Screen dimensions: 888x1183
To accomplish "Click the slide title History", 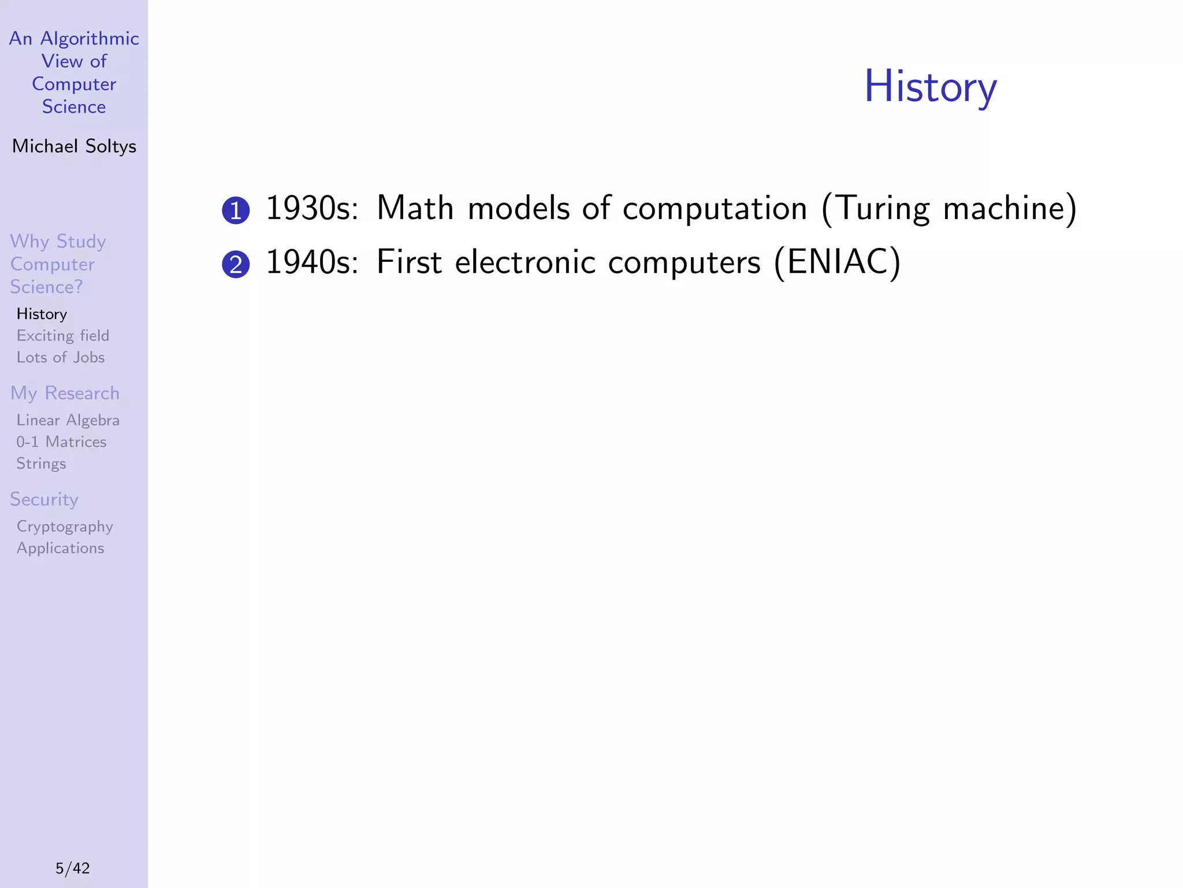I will click(x=930, y=87).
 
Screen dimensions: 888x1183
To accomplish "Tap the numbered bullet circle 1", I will click(x=236, y=210).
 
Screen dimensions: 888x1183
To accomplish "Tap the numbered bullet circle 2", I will click(x=236, y=265).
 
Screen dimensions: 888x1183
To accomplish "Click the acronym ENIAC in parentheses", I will click(x=837, y=262).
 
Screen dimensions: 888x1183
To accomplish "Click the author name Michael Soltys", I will click(x=74, y=146).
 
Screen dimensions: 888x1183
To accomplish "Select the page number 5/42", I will click(x=73, y=868).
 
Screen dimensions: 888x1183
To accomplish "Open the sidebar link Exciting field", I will click(x=62, y=336).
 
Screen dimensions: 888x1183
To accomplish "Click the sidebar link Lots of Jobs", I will click(x=61, y=357).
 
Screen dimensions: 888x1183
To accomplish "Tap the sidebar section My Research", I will click(x=65, y=393).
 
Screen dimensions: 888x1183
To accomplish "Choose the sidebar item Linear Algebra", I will click(x=68, y=420).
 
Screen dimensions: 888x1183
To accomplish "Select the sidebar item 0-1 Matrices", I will click(x=61, y=442).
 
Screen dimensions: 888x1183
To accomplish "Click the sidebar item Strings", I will click(x=41, y=464).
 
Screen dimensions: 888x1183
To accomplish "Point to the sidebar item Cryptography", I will click(x=65, y=527).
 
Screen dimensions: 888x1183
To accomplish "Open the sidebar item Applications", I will click(x=60, y=548).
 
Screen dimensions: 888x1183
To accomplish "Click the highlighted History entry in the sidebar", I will click(x=42, y=314).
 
